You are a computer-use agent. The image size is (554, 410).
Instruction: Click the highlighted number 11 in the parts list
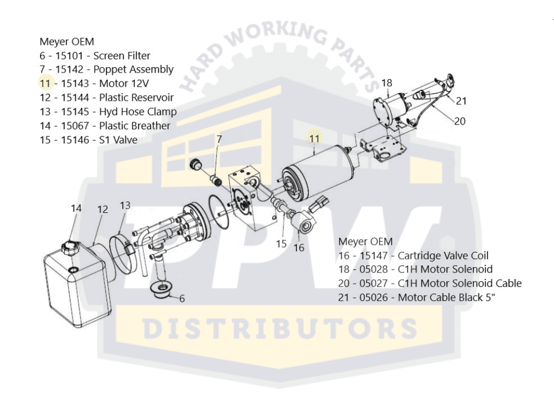[x=45, y=83]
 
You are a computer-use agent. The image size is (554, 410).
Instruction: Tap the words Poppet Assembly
[x=133, y=69]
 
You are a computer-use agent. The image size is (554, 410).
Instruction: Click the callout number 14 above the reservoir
[x=76, y=208]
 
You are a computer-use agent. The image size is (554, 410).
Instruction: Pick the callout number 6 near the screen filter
[x=182, y=298]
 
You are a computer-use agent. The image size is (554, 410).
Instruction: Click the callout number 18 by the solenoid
[x=386, y=83]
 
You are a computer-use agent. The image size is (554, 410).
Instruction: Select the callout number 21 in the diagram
[x=461, y=100]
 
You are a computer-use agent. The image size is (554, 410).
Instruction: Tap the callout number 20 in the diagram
[x=459, y=121]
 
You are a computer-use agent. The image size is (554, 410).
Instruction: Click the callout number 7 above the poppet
[x=219, y=139]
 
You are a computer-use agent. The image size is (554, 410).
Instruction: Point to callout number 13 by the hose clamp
[x=125, y=205]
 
